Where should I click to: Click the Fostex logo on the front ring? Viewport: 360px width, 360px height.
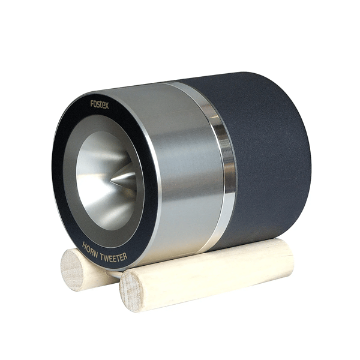(100, 104)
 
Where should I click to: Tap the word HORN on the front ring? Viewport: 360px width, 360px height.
(90, 250)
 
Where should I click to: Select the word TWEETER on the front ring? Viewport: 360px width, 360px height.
(113, 257)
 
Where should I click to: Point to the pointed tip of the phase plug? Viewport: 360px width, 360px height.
(111, 181)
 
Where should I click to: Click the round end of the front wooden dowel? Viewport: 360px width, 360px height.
(131, 292)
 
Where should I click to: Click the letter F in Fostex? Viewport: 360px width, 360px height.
(92, 104)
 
